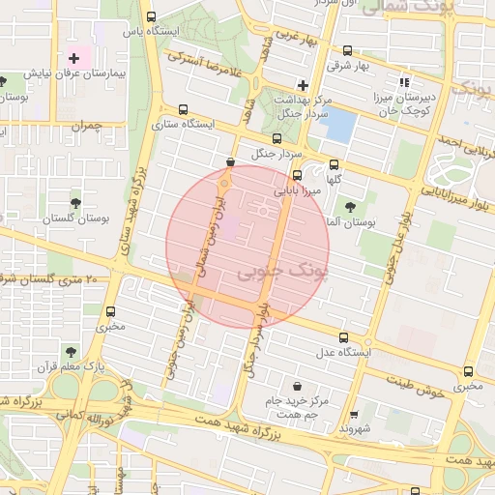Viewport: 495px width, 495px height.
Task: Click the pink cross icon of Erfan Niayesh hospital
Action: point(74,60)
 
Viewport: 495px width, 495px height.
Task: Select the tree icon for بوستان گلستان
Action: point(75,202)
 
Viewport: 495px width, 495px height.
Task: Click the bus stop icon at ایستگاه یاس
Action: point(150,16)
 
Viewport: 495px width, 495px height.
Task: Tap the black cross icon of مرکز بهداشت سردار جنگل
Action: point(303,85)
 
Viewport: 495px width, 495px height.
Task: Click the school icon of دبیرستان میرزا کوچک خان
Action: point(404,83)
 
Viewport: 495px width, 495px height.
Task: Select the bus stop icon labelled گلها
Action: point(335,164)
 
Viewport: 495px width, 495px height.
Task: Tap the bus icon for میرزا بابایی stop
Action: point(297,176)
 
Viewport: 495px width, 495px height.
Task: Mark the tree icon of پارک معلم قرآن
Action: point(71,352)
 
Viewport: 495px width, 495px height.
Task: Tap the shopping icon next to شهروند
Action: point(353,411)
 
